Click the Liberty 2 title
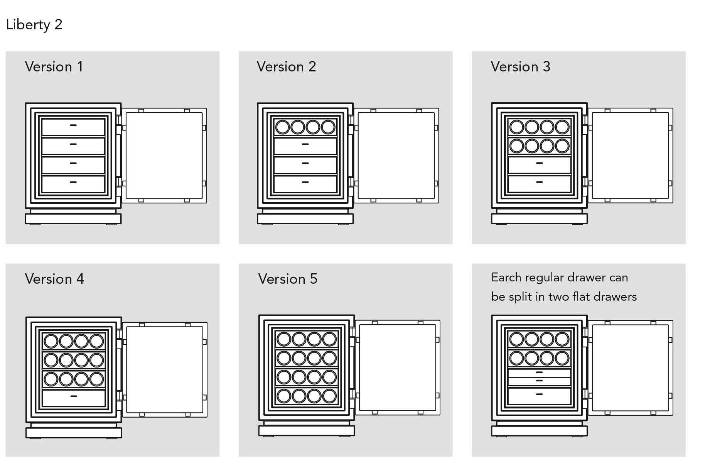34,25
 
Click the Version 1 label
54,67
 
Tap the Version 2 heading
286,67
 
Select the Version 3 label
520,67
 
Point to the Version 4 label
54,279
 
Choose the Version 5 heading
288,279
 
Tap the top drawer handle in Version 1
73,125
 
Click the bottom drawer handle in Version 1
73,182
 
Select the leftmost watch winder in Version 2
283,127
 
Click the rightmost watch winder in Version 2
328,127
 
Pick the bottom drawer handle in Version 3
540,182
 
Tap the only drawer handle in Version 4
74,396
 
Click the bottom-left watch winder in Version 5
284,396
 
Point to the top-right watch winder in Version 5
329,339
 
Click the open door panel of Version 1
164,156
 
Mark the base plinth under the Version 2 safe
305,219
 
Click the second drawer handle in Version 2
305,144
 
